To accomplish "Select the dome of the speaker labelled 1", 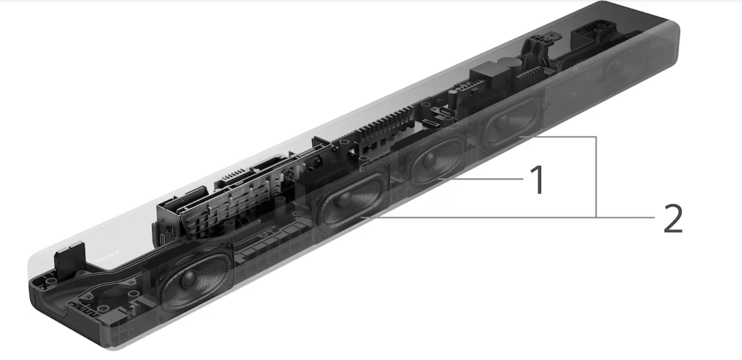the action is [x=429, y=159].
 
